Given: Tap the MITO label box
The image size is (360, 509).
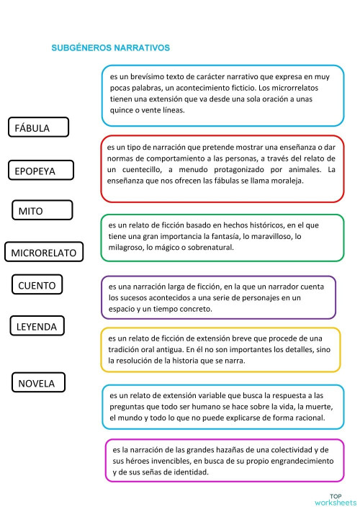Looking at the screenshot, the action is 42,210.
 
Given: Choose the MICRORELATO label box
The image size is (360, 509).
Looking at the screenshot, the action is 44,252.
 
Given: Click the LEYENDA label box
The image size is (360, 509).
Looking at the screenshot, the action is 37,326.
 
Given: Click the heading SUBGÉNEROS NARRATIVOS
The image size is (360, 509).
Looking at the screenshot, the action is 110,48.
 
